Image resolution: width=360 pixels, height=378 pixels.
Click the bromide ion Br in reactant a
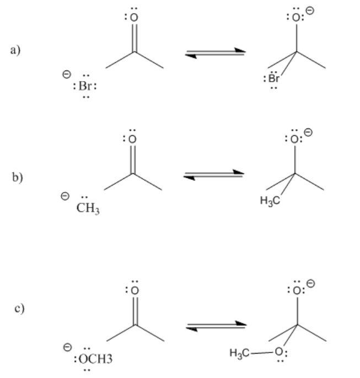click(x=85, y=87)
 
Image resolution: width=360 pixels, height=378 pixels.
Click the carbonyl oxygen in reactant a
click(x=132, y=18)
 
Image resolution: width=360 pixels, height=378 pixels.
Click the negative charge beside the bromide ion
click(x=66, y=74)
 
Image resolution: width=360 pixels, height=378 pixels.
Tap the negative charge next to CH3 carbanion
click(x=65, y=196)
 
